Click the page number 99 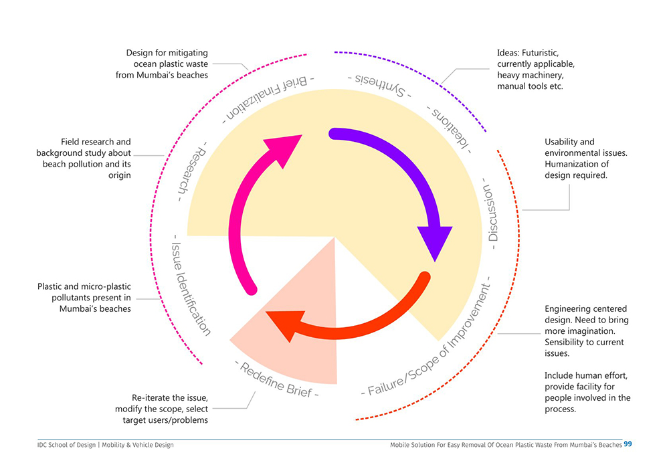click(x=628, y=444)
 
